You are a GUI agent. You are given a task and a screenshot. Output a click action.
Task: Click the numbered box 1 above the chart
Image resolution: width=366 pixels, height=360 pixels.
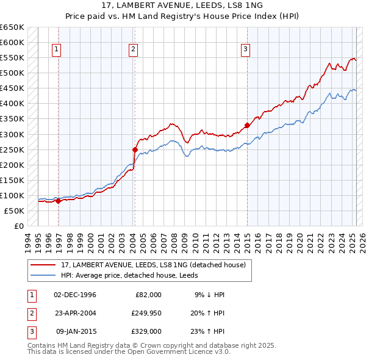[56, 50]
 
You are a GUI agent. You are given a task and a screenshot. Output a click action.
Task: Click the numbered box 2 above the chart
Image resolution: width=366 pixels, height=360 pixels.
[133, 50]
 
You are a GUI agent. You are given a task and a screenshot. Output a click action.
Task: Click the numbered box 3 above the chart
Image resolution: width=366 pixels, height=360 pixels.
[245, 50]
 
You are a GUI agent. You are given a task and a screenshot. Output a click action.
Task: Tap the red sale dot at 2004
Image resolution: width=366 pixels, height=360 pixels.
[135, 149]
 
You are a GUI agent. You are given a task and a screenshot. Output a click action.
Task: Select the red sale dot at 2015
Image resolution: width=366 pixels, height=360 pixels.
[247, 125]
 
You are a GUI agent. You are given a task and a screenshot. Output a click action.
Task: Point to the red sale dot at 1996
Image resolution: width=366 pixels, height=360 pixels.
[58, 201]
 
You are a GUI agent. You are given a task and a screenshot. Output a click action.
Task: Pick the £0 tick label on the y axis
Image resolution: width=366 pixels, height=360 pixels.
[18, 226]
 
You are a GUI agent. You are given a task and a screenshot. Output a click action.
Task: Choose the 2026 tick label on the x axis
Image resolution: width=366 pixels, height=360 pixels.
[362, 241]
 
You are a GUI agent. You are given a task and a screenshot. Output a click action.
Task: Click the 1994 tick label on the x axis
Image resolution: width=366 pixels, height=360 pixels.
[28, 241]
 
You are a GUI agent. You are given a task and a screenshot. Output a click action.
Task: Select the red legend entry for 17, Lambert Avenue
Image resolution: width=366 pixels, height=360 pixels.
[153, 265]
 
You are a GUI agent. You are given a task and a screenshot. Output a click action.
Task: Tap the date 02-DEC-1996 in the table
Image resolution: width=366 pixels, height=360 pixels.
[75, 295]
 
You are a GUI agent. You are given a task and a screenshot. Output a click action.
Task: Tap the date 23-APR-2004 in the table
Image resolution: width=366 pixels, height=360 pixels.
[75, 313]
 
